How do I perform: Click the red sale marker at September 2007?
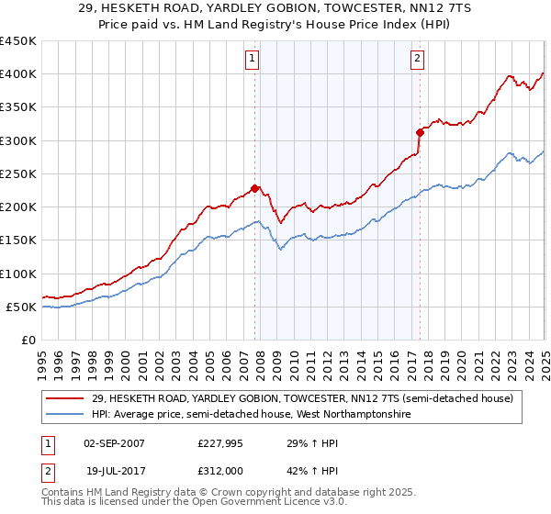(254, 189)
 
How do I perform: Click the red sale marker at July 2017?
(419, 133)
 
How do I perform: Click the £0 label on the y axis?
(28, 341)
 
